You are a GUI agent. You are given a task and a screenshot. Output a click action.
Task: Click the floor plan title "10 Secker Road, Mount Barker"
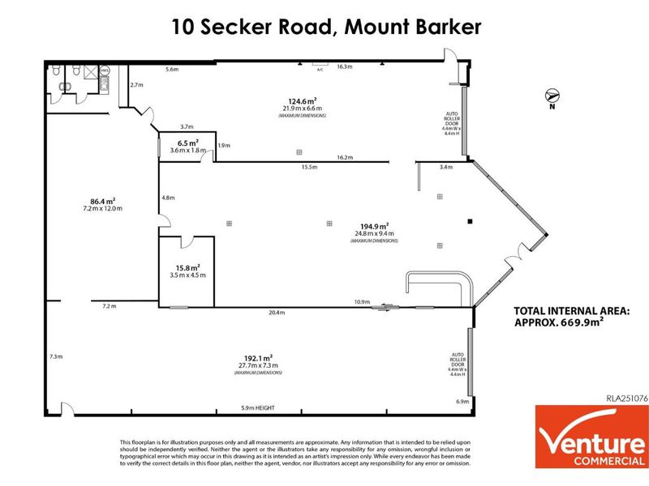(x=326, y=26)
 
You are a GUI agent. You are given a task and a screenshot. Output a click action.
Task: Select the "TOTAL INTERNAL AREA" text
(x=572, y=310)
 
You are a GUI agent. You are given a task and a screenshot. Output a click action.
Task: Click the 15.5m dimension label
(x=307, y=168)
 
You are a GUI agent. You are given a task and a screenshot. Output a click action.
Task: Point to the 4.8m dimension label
(x=169, y=198)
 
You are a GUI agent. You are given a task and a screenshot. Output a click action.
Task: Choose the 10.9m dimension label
(x=362, y=302)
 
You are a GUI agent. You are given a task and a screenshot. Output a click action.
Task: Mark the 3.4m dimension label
(x=445, y=168)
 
